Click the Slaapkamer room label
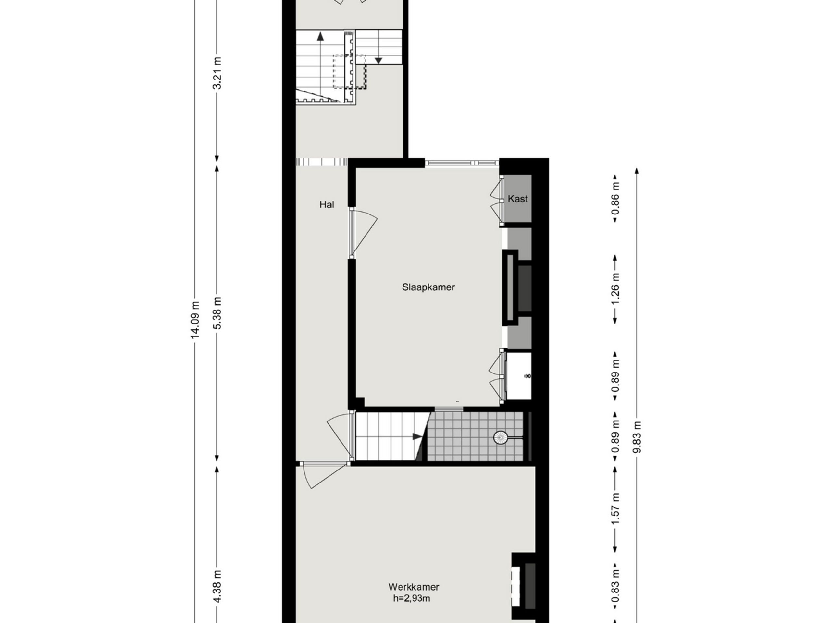click(428, 287)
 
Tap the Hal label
click(327, 205)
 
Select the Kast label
click(517, 199)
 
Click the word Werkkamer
click(414, 587)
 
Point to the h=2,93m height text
click(411, 598)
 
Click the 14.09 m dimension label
click(195, 320)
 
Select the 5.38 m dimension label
click(217, 313)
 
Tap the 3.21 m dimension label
click(217, 73)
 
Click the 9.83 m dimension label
click(637, 437)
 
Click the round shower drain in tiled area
click(500, 437)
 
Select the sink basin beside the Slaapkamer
click(519, 376)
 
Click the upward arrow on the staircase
click(320, 37)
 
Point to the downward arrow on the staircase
click(378, 60)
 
